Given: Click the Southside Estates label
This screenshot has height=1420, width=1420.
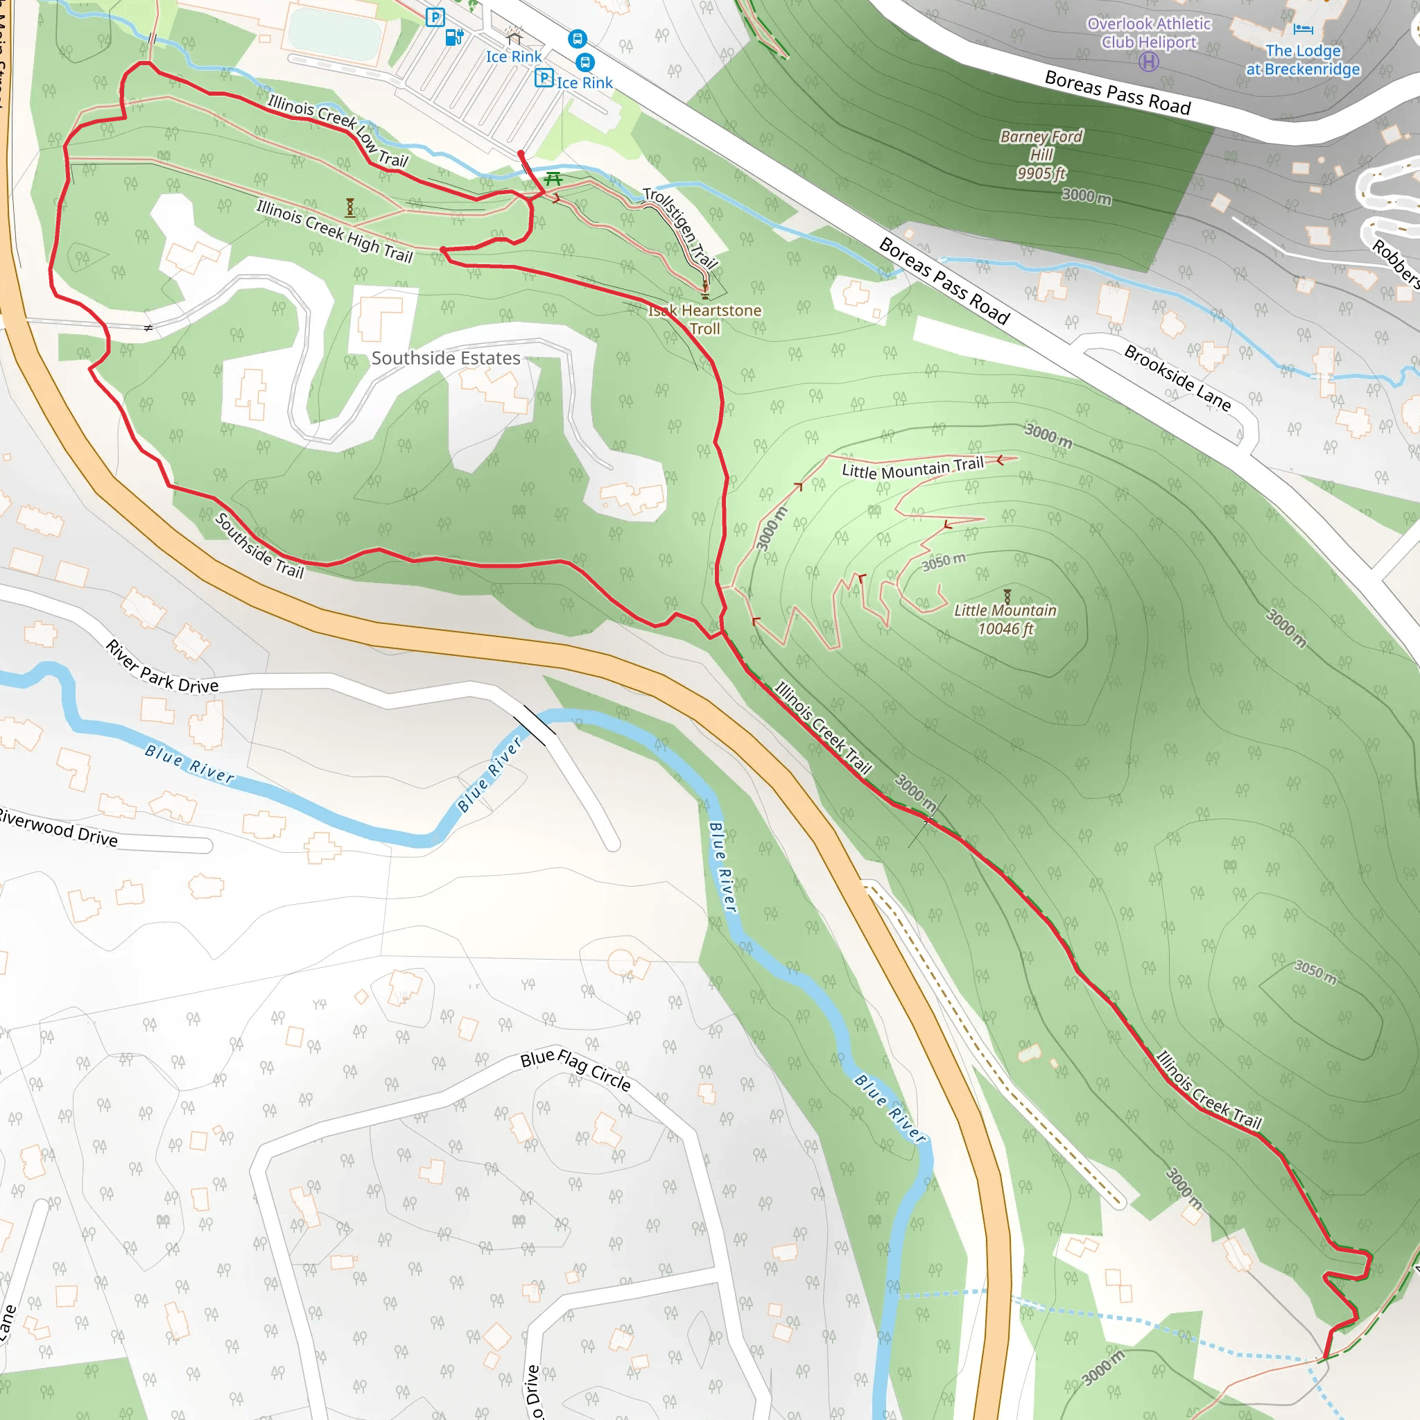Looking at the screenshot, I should pos(445,358).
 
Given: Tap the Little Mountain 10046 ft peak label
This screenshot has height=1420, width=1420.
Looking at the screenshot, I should pos(1005,620).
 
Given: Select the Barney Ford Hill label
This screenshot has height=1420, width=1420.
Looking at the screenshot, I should pos(1041,155).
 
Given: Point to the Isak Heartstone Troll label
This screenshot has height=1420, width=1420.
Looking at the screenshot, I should pos(704,320).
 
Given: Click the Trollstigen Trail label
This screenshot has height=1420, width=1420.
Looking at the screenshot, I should pos(680,228).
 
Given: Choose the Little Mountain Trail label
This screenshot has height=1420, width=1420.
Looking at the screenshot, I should pos(912,467).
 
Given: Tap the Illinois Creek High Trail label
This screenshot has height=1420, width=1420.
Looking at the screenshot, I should pos(334,231).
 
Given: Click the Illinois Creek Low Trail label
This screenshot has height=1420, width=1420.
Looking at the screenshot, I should pos(338,130).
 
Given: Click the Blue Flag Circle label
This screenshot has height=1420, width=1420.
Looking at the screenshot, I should pos(575,1068).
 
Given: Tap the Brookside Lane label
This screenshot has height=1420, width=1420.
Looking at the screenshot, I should pos(1177,378).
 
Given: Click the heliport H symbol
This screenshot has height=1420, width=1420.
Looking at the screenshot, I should pos(1148,62).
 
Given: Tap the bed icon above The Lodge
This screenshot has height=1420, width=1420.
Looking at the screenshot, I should pos(1302,29).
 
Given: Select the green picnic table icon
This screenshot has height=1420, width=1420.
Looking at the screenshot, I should pos(553,179).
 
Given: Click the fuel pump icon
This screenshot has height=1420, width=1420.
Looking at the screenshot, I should pos(455,37).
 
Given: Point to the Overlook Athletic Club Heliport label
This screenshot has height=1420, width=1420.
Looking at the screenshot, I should pos(1149,33).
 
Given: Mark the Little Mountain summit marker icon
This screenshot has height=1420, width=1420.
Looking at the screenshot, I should pos(1007,596).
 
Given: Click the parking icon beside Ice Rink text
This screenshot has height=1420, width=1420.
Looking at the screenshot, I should pos(544,77).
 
